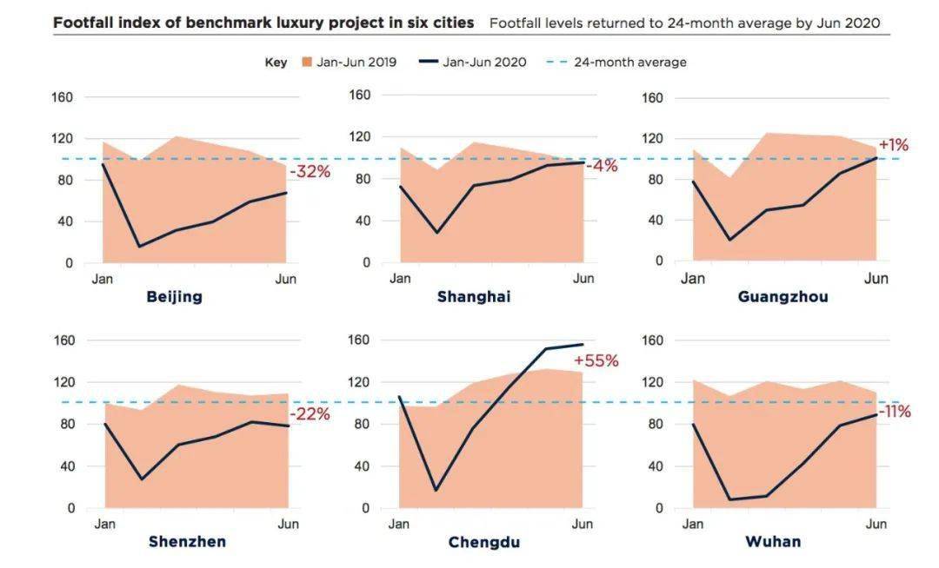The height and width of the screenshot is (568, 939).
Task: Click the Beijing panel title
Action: pos(174,296)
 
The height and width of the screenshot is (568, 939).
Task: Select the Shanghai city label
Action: pos(474,296)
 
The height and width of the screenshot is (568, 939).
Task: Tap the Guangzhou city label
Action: pos(782,296)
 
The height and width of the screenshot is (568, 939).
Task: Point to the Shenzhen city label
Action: pos(187,542)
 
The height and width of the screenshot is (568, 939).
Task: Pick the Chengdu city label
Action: pos(484,543)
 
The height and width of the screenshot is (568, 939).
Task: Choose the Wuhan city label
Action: pos(773,542)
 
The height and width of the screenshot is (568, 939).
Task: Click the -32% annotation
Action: pos(310,172)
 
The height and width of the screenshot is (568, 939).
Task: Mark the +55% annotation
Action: pos(596,360)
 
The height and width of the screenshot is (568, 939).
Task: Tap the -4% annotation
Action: pos(602,166)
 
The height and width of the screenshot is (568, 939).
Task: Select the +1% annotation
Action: pos(894,144)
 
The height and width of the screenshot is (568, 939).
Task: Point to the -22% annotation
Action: pos(310,414)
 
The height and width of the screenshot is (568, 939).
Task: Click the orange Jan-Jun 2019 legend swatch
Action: pos(306,63)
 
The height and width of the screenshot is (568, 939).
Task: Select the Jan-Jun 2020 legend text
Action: pos(484,63)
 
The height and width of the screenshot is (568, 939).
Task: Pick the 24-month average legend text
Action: pos(629,63)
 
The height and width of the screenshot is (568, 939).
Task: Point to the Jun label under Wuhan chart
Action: pos(876,524)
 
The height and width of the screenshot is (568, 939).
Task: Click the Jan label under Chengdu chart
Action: pos(399,524)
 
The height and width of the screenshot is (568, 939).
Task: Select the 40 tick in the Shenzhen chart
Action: pos(66,466)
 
